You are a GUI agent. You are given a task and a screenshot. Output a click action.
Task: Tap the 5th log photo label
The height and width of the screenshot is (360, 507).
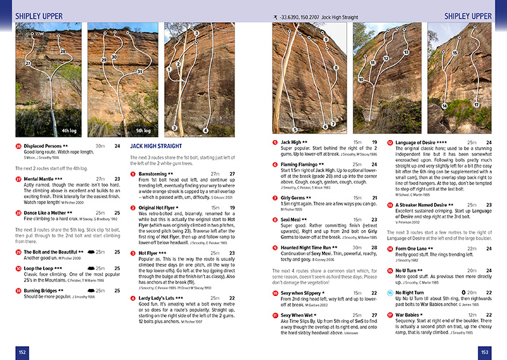143,131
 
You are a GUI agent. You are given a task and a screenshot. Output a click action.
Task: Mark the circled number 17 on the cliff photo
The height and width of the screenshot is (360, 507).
476,105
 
